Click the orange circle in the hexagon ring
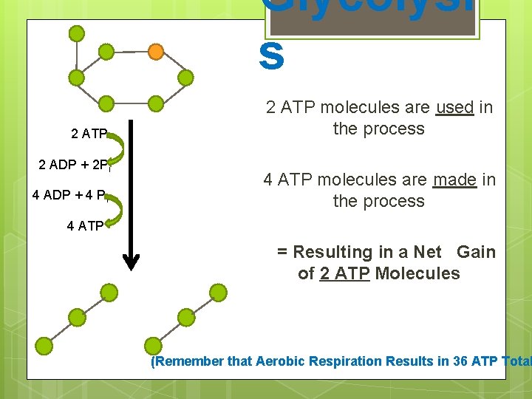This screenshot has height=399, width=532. pyautogui.click(x=156, y=52)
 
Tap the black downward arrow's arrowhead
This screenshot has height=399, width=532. pyautogui.click(x=131, y=260)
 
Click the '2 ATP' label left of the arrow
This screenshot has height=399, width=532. pyautogui.click(x=89, y=134)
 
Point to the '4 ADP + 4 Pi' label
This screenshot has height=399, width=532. pyautogui.click(x=71, y=196)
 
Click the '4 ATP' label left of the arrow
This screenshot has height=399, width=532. pyautogui.click(x=85, y=227)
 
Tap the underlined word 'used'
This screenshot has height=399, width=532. pyautogui.click(x=454, y=108)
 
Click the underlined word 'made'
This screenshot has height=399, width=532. pyautogui.click(x=454, y=180)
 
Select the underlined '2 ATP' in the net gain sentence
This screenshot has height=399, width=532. pyautogui.click(x=344, y=273)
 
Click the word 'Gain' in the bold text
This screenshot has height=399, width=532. pyautogui.click(x=476, y=252)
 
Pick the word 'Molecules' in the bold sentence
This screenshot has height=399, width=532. pyautogui.click(x=417, y=273)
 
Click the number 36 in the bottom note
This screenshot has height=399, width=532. pyautogui.click(x=436, y=361)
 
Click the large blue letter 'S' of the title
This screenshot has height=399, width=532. pyautogui.click(x=272, y=57)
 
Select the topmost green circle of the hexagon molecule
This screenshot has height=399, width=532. pyautogui.click(x=76, y=33)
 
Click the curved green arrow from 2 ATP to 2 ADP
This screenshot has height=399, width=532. pyautogui.click(x=120, y=148)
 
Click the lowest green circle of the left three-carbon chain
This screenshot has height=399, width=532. pyautogui.click(x=44, y=346)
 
